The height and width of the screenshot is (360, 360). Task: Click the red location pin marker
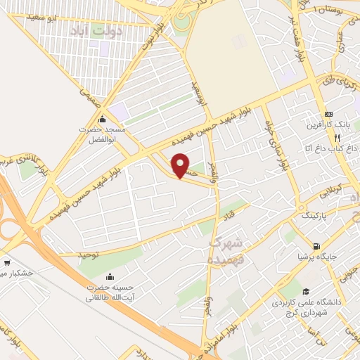[x=181, y=165]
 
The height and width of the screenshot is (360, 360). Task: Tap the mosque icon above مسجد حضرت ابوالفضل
[x=103, y=117]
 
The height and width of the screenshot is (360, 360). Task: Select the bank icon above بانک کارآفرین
[x=328, y=115]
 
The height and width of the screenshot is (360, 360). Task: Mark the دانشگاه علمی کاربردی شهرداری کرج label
[x=309, y=308]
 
